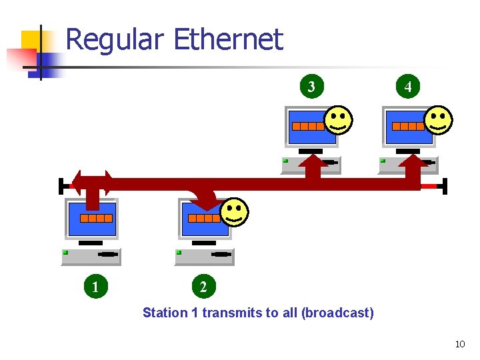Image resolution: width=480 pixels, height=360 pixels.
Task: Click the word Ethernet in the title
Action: [228, 40]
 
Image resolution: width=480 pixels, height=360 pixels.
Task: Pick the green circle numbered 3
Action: [311, 86]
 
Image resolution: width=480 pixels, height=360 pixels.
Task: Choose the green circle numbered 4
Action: [408, 86]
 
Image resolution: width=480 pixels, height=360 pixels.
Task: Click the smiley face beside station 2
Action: [234, 213]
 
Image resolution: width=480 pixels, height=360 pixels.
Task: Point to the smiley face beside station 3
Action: [339, 120]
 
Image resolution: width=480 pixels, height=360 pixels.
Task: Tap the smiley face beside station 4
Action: [438, 120]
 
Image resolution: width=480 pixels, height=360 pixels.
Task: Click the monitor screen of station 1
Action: [91, 219]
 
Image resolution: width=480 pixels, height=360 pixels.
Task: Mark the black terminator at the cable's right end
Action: [445, 185]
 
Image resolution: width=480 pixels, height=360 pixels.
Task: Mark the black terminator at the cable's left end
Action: [61, 185]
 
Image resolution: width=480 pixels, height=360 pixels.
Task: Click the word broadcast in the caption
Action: [338, 313]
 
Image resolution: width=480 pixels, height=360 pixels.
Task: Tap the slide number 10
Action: [459, 344]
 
